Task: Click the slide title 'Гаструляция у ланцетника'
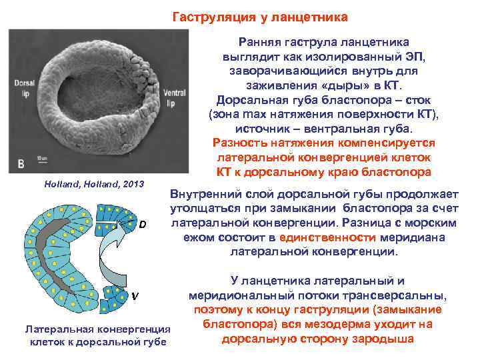pos(260,16)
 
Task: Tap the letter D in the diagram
pos(143,224)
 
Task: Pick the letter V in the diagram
pos(135,296)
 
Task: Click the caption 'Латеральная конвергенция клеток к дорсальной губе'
pos(97,335)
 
